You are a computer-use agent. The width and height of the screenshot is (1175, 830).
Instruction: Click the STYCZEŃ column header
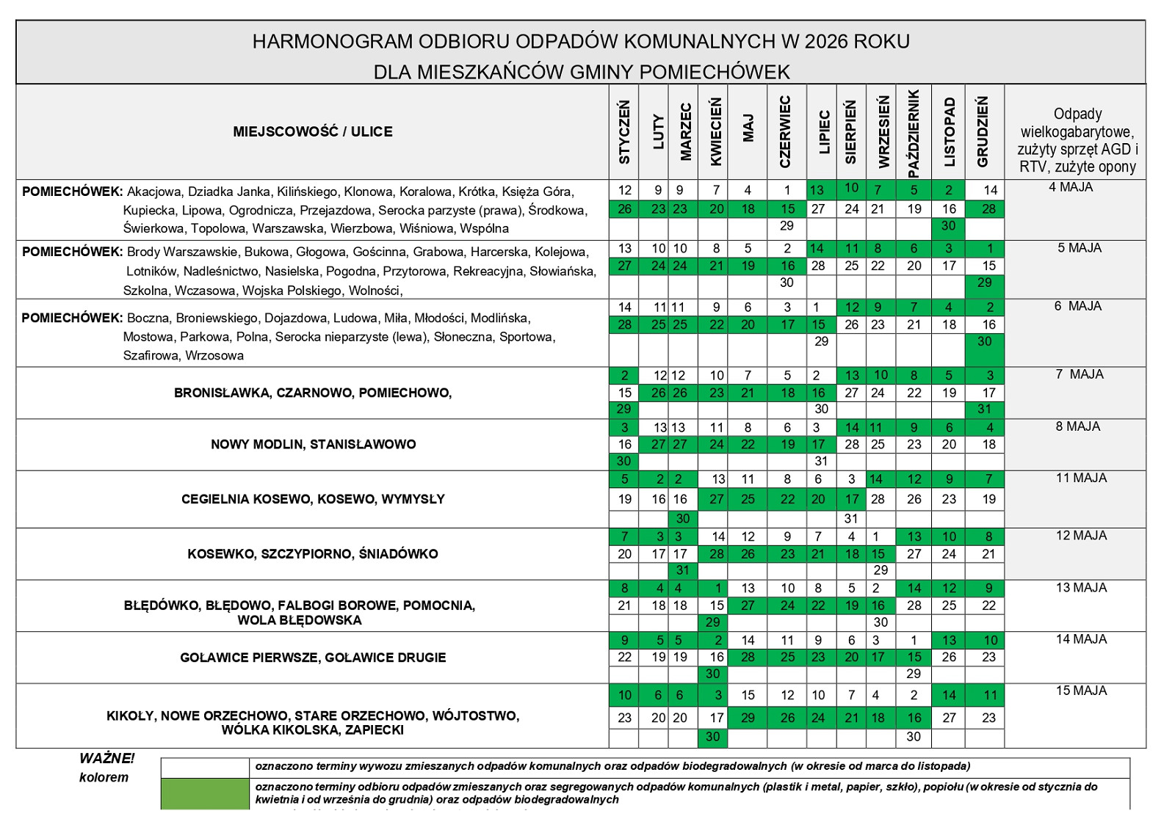point(624,132)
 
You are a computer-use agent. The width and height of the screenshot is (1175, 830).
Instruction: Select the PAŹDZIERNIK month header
point(914,133)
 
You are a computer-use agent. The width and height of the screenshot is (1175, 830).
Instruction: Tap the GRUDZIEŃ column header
point(983,132)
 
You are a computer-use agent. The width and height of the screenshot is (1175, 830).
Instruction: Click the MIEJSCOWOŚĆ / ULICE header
point(313,132)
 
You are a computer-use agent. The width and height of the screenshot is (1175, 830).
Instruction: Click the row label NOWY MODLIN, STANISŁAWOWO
point(313,444)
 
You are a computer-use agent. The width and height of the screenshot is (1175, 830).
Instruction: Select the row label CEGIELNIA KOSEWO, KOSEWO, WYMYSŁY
point(313,499)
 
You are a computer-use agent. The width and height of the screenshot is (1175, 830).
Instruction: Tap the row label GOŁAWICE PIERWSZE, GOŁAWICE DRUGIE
point(313,658)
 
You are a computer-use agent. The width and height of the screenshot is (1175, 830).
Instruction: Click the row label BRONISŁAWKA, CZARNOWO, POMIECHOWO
point(313,393)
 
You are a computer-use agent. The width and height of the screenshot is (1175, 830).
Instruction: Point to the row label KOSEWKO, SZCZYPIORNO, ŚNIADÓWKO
point(313,554)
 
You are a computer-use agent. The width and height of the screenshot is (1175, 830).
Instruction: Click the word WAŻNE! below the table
point(107,759)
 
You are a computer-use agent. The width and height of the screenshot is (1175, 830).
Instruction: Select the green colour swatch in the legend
point(206,793)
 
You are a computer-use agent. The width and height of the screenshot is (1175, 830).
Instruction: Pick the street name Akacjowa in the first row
point(153,192)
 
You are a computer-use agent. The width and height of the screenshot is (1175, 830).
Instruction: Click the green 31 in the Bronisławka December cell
point(985,409)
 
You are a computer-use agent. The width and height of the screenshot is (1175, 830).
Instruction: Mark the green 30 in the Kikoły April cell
point(712,736)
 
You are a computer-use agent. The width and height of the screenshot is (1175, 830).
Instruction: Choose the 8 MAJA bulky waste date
point(1078,426)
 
